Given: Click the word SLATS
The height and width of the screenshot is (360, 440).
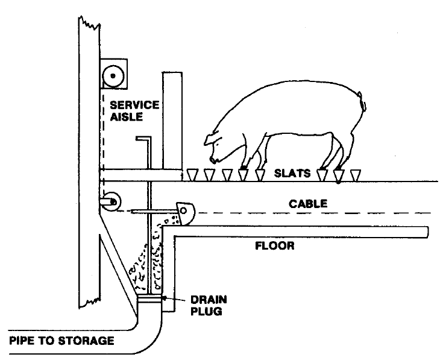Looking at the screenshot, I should point(294,173).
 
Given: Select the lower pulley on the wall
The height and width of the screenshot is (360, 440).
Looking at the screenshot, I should point(110,203).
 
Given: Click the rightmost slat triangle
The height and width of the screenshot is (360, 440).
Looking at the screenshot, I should point(355,175).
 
